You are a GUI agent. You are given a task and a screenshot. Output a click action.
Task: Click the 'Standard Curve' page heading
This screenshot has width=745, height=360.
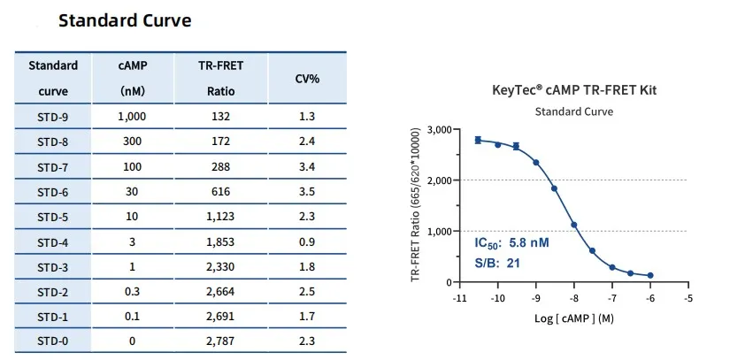125,19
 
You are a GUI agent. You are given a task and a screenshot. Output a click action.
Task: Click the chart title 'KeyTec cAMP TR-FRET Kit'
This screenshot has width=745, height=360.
574,89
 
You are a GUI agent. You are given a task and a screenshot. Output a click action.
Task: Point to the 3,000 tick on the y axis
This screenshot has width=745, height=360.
439,130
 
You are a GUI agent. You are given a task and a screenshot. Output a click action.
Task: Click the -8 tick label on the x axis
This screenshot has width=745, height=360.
573,299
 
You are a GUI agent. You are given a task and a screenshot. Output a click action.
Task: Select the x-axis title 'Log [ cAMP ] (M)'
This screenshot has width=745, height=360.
573,318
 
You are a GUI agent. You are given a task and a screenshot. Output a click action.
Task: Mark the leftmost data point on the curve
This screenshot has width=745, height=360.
478,140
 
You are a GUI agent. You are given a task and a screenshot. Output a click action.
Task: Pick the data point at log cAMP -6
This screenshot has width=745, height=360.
650,275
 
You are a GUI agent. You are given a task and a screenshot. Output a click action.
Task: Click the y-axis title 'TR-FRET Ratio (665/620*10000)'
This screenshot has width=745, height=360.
416,205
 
